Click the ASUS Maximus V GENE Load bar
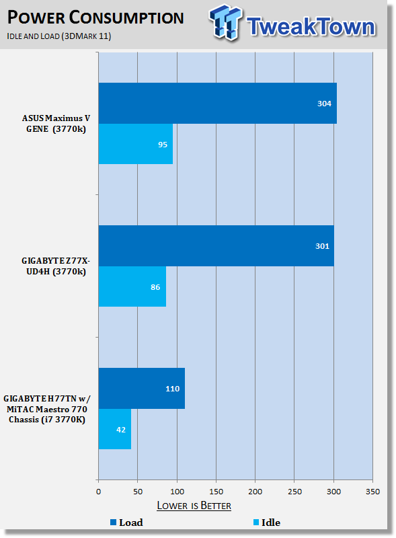tap(218, 104)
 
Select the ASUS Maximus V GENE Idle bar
tap(136, 144)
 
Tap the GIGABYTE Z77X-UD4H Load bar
tap(216, 245)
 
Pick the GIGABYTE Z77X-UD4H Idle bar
tap(132, 286)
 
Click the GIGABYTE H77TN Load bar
tap(142, 389)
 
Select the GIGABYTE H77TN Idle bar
tap(114, 429)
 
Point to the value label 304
tap(324, 104)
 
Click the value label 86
tap(155, 287)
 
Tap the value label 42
tap(121, 430)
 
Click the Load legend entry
tap(126, 523)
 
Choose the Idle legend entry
tap(267, 523)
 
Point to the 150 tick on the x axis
tap(216, 492)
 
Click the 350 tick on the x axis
tap(372, 492)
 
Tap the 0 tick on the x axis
tap(98, 492)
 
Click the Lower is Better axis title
tap(194, 506)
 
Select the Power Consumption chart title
tap(95, 18)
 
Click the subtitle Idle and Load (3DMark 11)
tap(59, 36)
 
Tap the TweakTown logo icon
tap(225, 22)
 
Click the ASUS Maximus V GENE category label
tap(56, 124)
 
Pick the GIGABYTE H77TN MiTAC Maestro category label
tap(47, 409)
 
